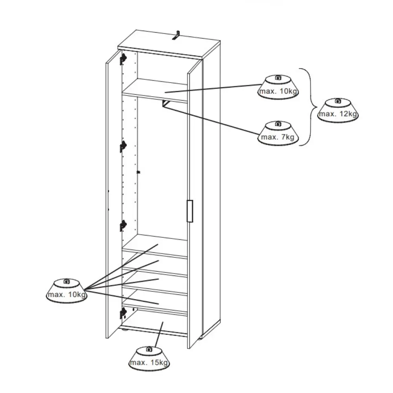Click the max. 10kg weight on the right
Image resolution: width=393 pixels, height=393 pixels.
coord(278,87)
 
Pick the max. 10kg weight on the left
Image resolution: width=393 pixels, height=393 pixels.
coord(67,291)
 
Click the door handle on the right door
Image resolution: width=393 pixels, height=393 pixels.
coord(190,211)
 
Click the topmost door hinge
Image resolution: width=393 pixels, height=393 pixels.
coord(123,59)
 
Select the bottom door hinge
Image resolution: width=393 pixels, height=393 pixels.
coord(123,313)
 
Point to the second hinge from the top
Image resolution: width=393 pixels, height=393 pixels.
coord(123,146)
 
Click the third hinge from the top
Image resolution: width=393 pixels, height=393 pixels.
coord(123,226)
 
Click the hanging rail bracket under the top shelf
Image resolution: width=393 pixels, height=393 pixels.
coord(165,103)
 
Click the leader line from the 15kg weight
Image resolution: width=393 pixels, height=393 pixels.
coord(159,334)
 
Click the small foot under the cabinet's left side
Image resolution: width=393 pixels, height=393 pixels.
coord(125,331)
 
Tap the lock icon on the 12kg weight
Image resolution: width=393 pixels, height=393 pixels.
coord(338,101)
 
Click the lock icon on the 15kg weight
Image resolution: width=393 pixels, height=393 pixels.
coord(149,349)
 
